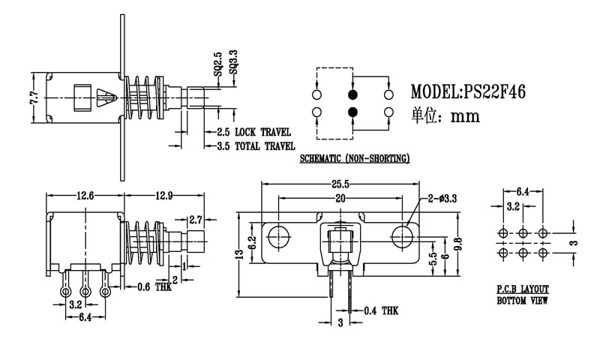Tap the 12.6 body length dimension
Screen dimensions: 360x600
85,196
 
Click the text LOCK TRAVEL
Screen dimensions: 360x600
262,132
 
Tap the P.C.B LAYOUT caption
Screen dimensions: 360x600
522,289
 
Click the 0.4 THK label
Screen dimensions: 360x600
380,310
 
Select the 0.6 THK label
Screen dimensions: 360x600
155,286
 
